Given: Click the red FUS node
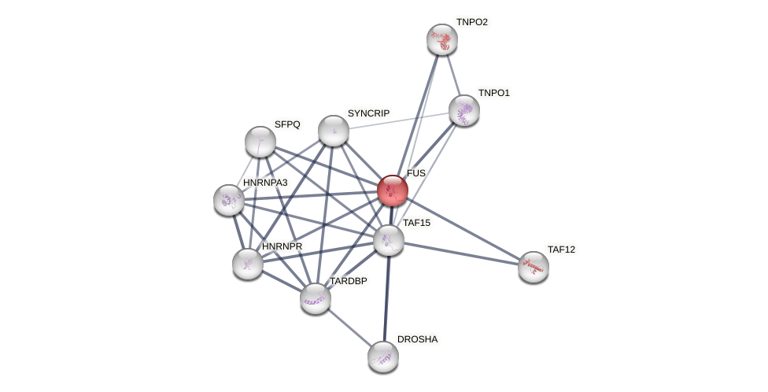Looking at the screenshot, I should click(393, 190).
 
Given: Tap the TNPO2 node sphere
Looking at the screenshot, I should click(442, 39).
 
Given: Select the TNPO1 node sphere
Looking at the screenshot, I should click(464, 110).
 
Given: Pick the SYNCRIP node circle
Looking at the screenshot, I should click(334, 131).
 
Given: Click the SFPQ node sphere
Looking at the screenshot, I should click(260, 142).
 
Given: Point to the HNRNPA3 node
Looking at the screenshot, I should click(229, 200).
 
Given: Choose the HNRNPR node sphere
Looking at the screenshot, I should click(248, 264).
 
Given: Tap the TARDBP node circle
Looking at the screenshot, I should click(316, 298).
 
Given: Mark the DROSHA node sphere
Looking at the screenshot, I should click(383, 357).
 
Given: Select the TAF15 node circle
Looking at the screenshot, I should click(389, 240).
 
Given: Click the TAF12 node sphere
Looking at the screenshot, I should click(534, 267).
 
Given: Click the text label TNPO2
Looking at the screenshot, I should click(472, 22).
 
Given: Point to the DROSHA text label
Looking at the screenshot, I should click(417, 339).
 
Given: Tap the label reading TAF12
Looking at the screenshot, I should click(561, 250).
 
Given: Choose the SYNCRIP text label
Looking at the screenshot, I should click(368, 113).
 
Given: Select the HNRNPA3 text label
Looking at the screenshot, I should click(265, 183).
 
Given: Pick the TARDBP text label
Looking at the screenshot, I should click(348, 281).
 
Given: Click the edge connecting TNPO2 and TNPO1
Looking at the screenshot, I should click(453, 75).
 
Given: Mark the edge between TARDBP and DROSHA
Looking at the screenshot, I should click(349, 327).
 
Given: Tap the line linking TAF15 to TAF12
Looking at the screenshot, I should click(461, 253).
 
